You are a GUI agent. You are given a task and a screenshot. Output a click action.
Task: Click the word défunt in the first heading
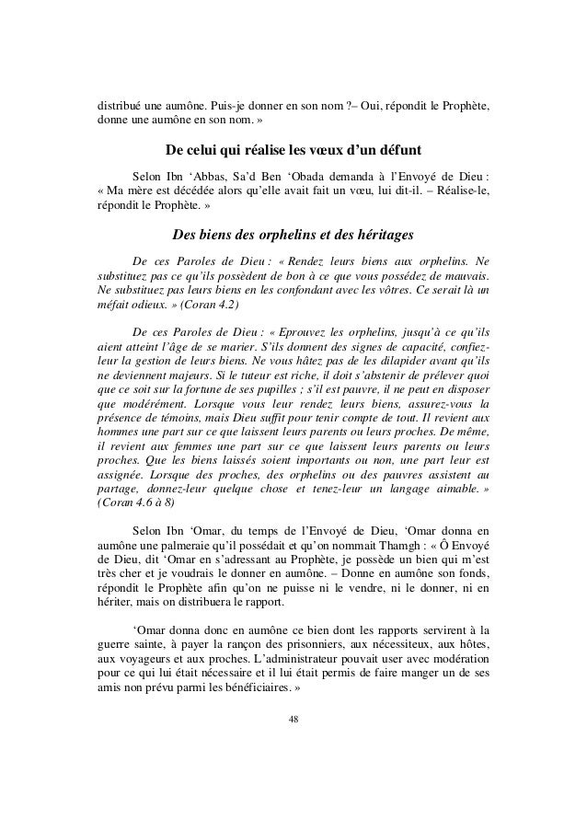(397, 149)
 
